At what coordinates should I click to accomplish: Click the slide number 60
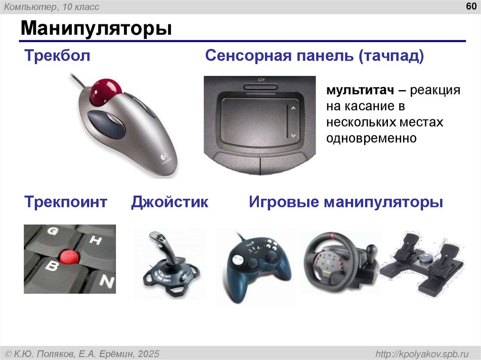[x=470, y=7]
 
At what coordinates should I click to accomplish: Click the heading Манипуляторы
[x=95, y=29]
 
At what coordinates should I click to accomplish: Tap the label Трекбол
[x=57, y=57]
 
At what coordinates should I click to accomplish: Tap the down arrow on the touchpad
[x=293, y=135]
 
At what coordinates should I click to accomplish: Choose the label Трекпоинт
[x=66, y=202]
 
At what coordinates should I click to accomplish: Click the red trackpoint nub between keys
[x=69, y=256]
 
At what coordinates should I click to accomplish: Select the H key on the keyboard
[x=95, y=241]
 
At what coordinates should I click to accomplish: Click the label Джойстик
[x=170, y=202]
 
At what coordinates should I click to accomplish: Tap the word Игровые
[x=283, y=202]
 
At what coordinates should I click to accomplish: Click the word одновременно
[x=372, y=138]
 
